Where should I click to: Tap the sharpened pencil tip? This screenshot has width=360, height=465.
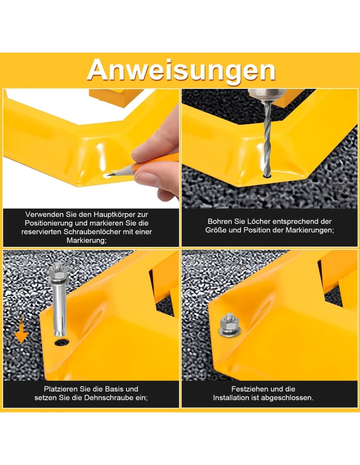pos(108,175)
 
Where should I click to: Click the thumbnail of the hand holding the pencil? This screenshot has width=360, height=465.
pos(156,156)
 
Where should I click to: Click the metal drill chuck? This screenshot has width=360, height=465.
pos(267,95)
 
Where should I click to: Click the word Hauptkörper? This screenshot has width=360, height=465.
pos(115,215)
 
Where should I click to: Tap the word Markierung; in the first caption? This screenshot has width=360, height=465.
pos(86,241)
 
